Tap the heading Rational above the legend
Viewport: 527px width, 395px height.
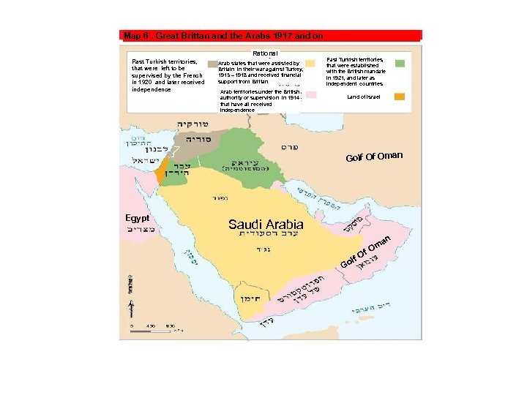[264, 53]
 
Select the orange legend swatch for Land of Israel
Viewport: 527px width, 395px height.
[400, 97]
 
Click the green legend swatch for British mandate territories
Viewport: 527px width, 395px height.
[400, 64]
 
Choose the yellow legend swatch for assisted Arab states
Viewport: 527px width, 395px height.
[310, 64]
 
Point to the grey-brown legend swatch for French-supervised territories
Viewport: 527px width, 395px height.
[213, 64]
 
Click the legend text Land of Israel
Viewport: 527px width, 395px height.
[364, 97]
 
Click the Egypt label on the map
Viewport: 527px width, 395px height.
[137, 218]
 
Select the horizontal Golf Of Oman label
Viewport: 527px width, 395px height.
[375, 157]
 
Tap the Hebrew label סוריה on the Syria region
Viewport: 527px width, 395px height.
[198, 139]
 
